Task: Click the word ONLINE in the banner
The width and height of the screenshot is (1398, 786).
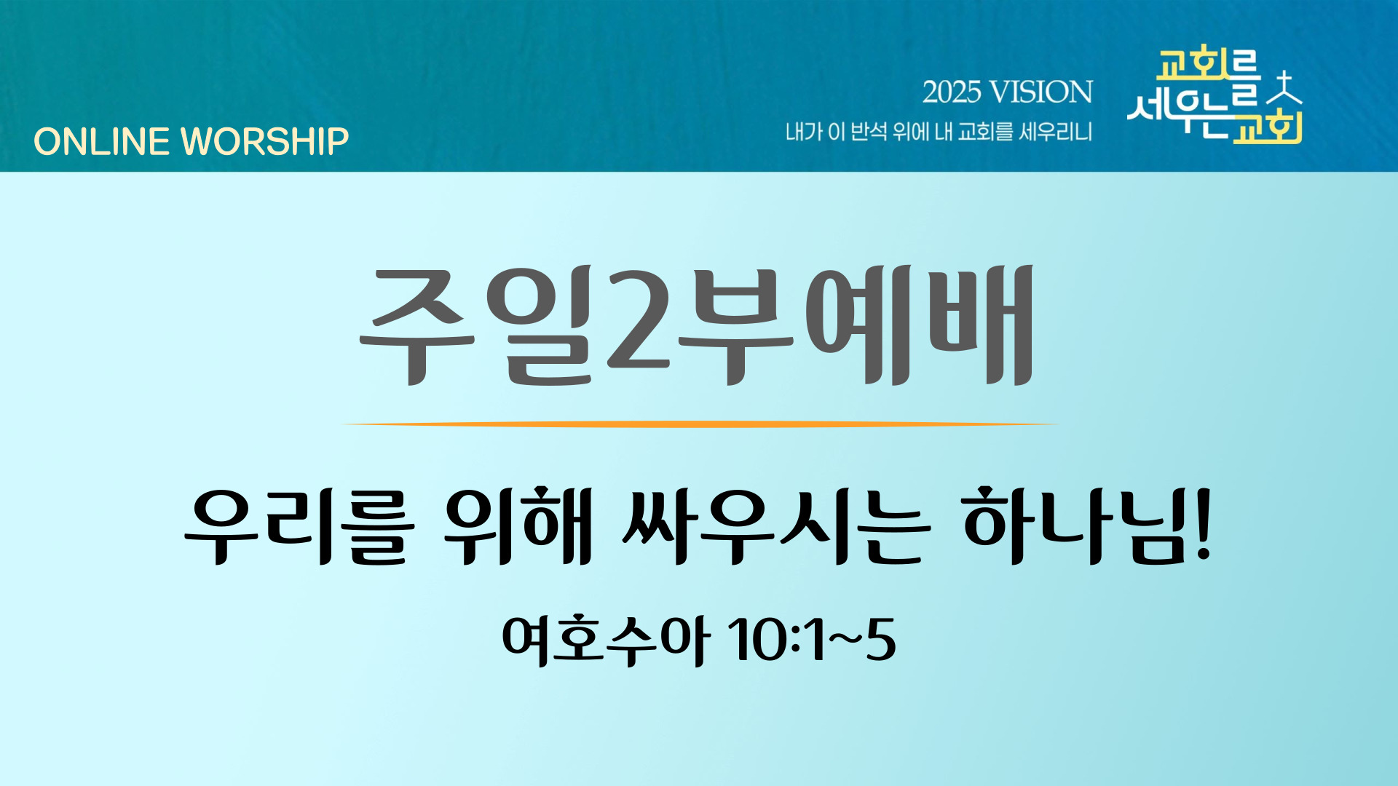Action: (x=101, y=141)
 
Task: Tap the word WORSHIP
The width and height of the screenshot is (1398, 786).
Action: (x=265, y=141)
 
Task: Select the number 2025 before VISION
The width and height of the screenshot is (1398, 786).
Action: (x=952, y=92)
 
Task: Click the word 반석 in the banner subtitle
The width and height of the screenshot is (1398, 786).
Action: (x=869, y=132)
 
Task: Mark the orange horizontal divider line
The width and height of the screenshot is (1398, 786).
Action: (x=699, y=424)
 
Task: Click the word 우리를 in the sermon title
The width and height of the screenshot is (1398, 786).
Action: (x=300, y=526)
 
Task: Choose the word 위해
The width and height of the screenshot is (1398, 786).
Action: (x=518, y=525)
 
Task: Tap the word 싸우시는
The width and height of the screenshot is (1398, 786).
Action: (x=776, y=526)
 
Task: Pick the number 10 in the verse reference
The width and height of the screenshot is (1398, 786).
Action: (x=760, y=640)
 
